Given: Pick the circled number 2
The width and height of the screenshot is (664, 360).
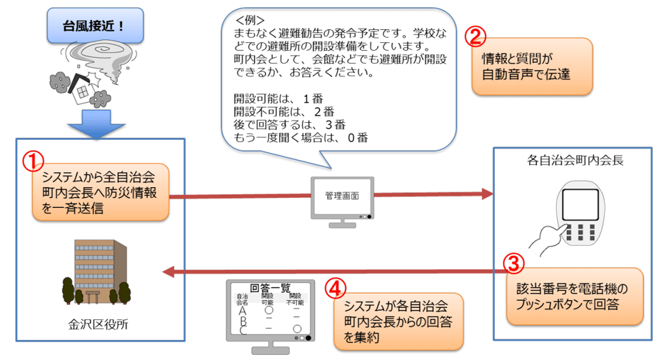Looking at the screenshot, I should [x=476, y=35].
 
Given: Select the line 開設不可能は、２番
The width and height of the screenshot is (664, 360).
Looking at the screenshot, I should [x=283, y=111].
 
